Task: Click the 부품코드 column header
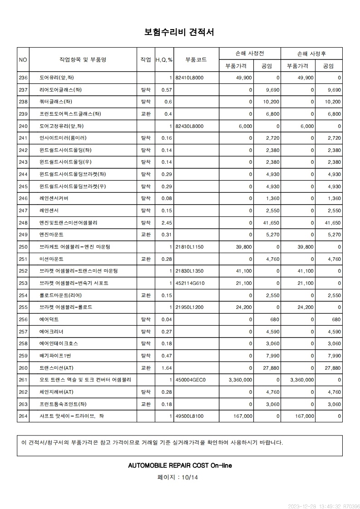pyautogui.click(x=196, y=59)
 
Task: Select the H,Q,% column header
pyautogui.click(x=164, y=60)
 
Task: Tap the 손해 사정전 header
pyautogui.click(x=250, y=54)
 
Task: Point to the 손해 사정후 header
pyautogui.click(x=311, y=54)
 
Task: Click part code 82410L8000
pyautogui.click(x=189, y=78)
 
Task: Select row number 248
pyautogui.click(x=23, y=223)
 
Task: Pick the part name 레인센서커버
pyautogui.click(x=54, y=198)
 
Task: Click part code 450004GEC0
pyautogui.click(x=190, y=380)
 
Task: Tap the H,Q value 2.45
pyautogui.click(x=167, y=223)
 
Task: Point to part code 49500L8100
pyautogui.click(x=189, y=416)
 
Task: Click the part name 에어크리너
pyautogui.click(x=52, y=332)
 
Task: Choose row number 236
pyautogui.click(x=23, y=78)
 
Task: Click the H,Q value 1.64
pyautogui.click(x=167, y=368)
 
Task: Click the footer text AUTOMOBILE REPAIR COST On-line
pyautogui.click(x=180, y=465)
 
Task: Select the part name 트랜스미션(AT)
pyautogui.click(x=56, y=368)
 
